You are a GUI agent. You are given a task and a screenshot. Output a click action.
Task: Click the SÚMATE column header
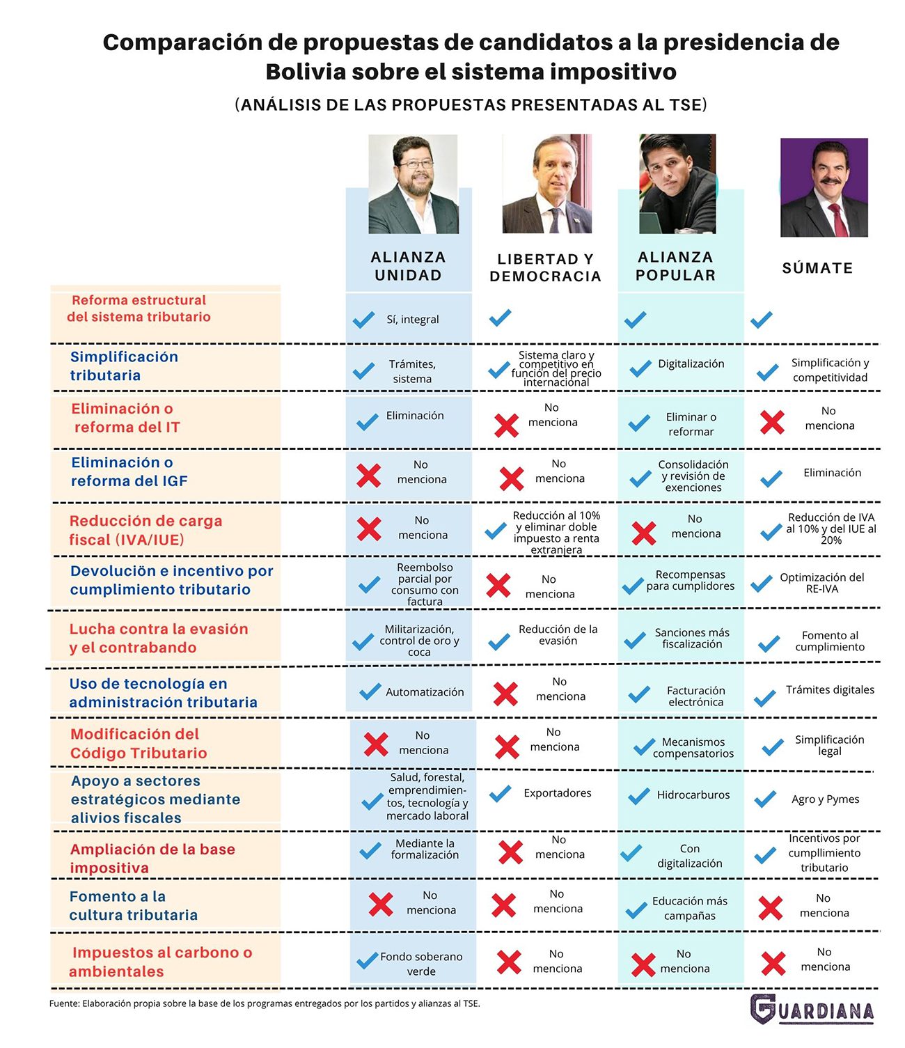pos(817,268)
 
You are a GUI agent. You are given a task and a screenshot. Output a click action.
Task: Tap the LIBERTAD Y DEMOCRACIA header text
pos(545,267)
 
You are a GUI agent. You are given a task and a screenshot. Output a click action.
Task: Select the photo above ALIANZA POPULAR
pos(677,184)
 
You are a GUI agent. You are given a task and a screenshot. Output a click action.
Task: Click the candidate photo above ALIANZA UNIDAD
pos(413,184)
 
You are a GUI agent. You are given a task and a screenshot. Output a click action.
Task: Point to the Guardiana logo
pos(812,1009)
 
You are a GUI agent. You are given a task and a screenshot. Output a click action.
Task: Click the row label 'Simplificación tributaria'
pos(124,366)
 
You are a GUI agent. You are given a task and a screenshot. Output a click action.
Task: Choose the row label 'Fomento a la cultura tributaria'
pos(133,905)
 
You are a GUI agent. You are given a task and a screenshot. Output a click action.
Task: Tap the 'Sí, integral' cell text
pos(413,320)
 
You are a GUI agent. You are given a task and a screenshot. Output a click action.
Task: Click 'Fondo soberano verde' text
pos(421,964)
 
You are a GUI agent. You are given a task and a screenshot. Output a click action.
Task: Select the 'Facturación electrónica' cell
pos(695,696)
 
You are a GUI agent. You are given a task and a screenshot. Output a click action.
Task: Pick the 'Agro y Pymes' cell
pos(825,799)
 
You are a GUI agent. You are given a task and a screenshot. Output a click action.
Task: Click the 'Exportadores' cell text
pos(558,793)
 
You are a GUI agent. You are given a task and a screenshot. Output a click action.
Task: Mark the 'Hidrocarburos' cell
pos(693,795)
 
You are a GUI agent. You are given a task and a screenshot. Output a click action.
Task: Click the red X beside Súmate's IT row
pos(772,422)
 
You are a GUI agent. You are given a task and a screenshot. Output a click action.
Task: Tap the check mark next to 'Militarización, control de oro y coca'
pos(363,641)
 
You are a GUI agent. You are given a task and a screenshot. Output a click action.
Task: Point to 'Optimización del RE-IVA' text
pos(821,583)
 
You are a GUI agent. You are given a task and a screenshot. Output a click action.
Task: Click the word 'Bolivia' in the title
pos(305,72)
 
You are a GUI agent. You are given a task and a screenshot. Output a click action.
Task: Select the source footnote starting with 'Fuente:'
pos(265,1003)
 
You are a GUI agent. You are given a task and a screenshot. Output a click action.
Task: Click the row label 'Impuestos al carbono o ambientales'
pos(161,962)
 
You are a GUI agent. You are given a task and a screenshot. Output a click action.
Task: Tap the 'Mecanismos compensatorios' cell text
pos(693,748)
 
